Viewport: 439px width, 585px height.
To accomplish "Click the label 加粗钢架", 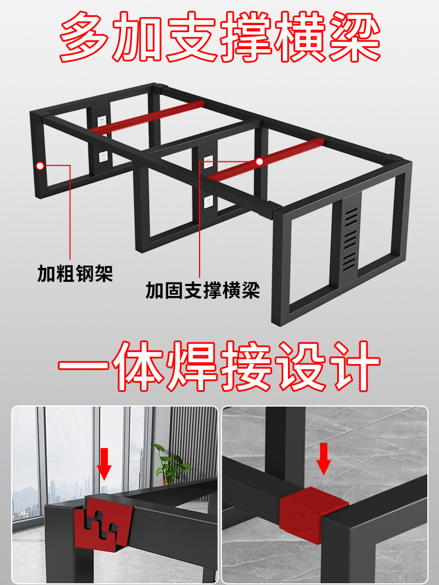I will tap(75, 273).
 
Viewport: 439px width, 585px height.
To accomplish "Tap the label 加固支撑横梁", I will tap(203, 290).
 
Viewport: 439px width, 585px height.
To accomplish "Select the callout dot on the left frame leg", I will tap(39, 166).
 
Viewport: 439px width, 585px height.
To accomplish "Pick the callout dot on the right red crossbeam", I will tap(259, 161).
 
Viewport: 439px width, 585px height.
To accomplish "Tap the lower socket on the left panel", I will tap(102, 156).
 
